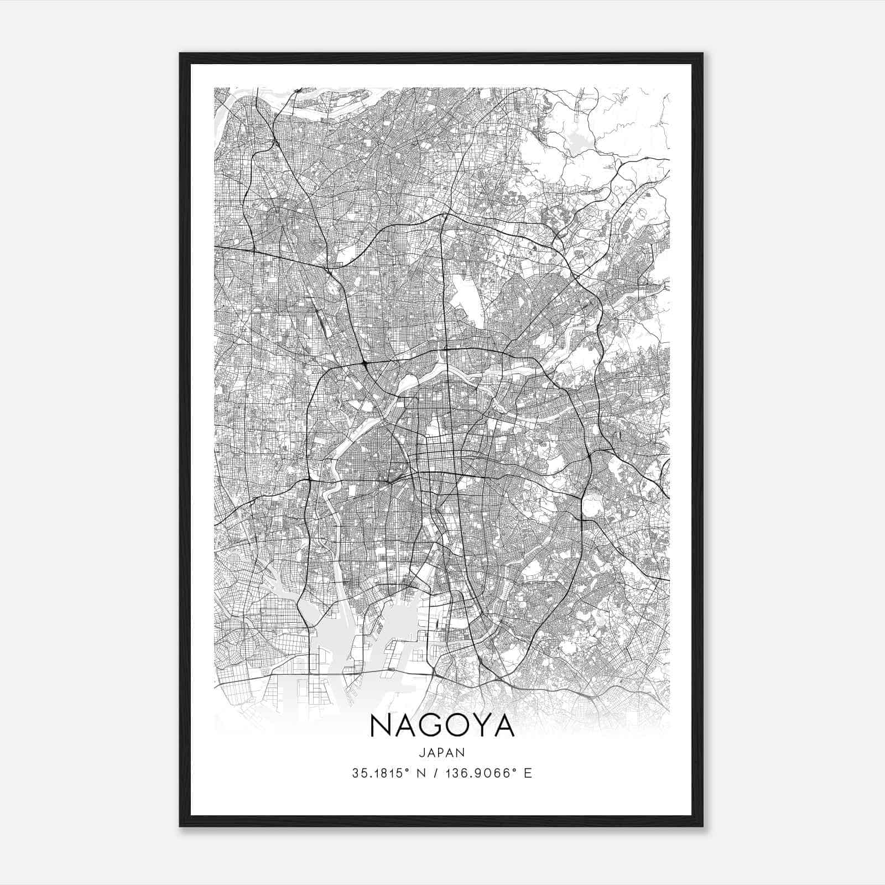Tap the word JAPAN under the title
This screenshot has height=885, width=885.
442,752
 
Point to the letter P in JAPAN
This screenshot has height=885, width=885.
442,752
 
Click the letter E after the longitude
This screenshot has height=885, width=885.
528,773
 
